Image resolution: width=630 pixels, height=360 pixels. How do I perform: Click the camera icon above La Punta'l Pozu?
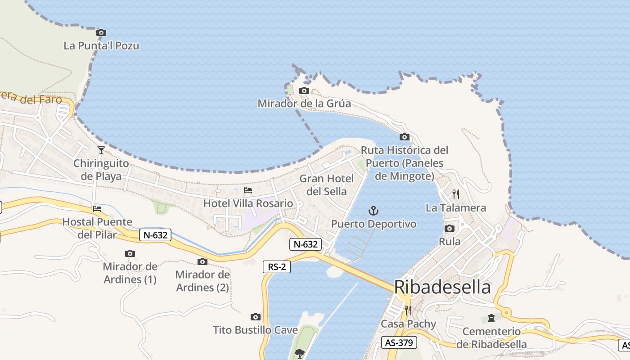[x=101, y=32]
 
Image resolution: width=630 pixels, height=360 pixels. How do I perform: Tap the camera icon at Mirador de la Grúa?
[x=304, y=90]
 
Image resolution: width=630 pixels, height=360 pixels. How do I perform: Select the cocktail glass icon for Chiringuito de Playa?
[x=101, y=150]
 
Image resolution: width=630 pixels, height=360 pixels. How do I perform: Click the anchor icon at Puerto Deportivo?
[x=373, y=210]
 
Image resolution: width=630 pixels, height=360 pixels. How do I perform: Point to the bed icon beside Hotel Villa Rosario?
[x=248, y=190]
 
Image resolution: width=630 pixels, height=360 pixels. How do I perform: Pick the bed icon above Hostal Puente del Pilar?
[x=97, y=208]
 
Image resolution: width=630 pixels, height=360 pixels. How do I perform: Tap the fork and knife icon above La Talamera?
[x=456, y=194]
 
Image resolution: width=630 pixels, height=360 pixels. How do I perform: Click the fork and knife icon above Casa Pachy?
[x=408, y=310]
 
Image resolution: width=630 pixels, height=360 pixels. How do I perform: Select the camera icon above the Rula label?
[x=450, y=229]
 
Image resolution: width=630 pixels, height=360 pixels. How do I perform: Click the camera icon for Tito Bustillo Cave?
[x=256, y=317]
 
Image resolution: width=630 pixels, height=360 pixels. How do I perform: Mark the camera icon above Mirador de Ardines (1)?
[x=130, y=253]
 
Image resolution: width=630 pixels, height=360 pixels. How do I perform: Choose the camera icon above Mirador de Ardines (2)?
[x=202, y=261]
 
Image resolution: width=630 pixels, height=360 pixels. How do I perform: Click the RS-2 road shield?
[x=277, y=266]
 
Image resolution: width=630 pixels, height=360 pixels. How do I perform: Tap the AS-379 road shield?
[x=399, y=342]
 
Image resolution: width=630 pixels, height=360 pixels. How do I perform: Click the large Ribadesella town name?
[x=442, y=287]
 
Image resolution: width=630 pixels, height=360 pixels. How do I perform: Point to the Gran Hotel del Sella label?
[x=327, y=185]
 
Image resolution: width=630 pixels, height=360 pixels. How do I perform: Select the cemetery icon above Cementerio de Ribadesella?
[x=491, y=318]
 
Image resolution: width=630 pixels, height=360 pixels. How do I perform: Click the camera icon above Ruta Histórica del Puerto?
[x=405, y=137]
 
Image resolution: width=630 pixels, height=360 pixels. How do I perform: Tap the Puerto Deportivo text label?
[x=374, y=224]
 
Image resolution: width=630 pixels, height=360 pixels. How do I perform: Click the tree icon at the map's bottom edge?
[x=300, y=353]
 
